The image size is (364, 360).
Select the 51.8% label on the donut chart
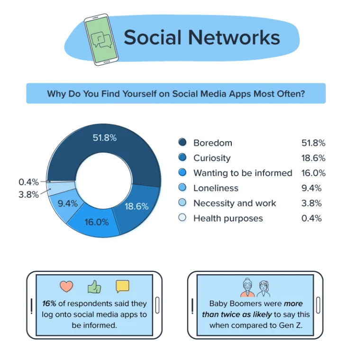click(105, 138)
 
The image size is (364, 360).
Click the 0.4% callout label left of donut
click(28, 182)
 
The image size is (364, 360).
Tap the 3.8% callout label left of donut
click(28, 194)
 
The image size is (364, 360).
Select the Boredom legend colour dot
click(182, 143)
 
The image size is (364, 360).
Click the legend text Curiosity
click(212, 158)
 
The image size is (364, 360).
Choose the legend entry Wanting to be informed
click(243, 173)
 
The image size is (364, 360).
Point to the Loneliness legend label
click(216, 188)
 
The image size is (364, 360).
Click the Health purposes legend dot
click(182, 218)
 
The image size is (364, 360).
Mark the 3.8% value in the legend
click(311, 203)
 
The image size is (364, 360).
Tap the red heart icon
click(66, 287)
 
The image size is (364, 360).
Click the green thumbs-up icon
click(94, 287)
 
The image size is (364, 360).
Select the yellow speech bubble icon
click(122, 287)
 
